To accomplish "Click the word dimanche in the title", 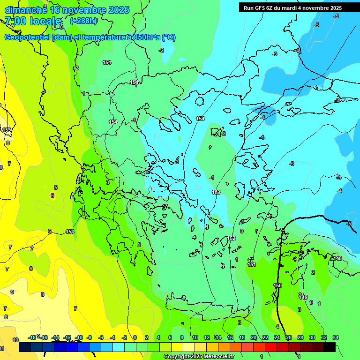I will coord(26,10).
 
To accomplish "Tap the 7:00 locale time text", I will coord(33,21).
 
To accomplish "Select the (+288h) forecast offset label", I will coord(83,21).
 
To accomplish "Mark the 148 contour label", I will coord(337,258).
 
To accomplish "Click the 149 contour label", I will coord(304,297).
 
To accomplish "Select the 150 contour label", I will coord(277,285).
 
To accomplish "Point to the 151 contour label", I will coord(252,264).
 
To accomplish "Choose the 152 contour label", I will coord(231,238).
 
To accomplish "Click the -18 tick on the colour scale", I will coord(32,337).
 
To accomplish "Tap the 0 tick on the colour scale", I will coord(135,337).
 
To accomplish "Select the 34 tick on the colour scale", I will coord(336,337).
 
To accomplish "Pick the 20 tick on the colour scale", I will coord(254,337).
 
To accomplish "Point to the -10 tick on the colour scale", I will coord(79,337).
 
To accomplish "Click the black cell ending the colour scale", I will coord(330,347).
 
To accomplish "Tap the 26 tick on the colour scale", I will coord(289,337).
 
